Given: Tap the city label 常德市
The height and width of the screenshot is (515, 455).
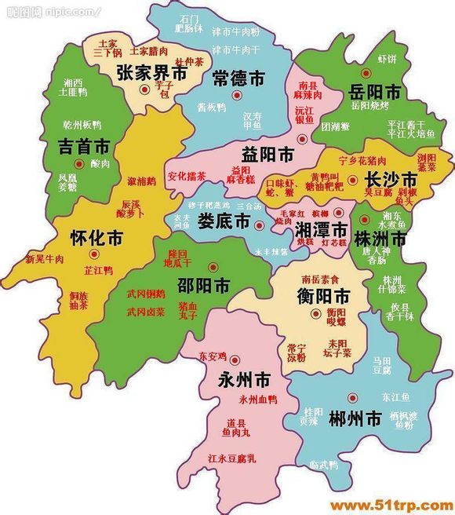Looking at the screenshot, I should (x=238, y=77).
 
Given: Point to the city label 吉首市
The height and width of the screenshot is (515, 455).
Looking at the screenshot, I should (x=84, y=145).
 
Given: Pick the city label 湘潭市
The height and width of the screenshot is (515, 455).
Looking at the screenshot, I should (x=321, y=229).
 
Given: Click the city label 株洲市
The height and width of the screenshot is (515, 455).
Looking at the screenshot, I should (x=380, y=239).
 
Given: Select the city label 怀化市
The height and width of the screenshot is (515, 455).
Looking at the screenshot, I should (x=96, y=236).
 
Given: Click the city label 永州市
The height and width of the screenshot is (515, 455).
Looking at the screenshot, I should (x=244, y=380).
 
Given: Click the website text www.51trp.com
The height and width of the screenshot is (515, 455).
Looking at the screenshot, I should (x=388, y=505).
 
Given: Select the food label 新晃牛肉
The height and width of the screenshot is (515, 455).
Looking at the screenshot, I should (x=44, y=259).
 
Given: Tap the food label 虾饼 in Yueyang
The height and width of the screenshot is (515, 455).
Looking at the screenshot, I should (x=388, y=59).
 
